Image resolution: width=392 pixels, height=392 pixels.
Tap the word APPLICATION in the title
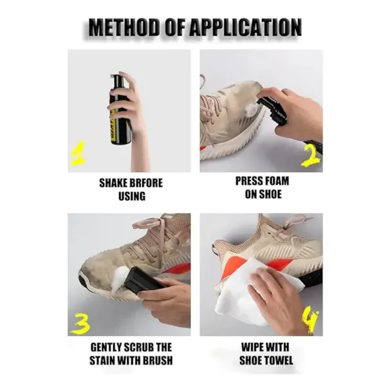245,27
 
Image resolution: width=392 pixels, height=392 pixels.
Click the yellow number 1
78,153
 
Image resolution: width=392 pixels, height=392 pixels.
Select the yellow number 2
311,155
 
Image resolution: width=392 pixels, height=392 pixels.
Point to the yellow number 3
80,324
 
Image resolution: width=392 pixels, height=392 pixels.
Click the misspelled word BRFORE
147,183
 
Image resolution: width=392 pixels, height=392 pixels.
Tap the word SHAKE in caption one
114,183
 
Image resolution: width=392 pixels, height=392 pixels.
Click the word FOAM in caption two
276,181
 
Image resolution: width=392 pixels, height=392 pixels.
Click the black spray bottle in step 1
120,109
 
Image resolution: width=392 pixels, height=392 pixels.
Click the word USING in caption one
132,196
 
